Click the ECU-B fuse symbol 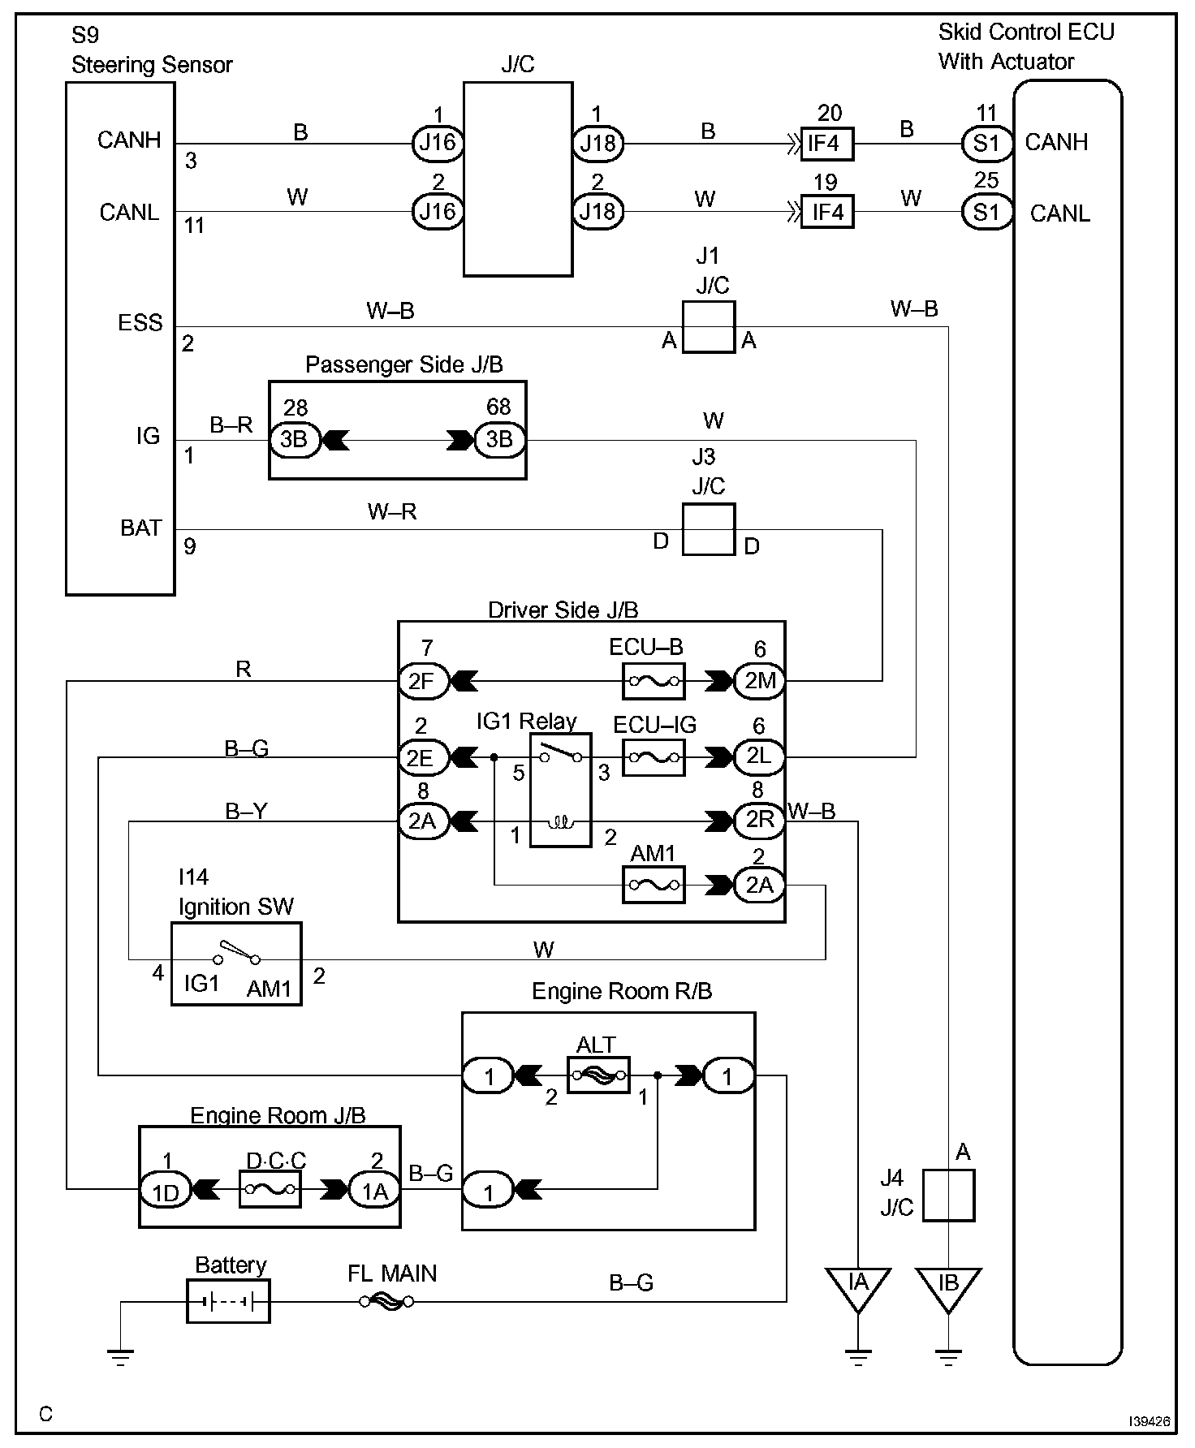(x=654, y=681)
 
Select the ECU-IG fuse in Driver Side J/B (x=654, y=757)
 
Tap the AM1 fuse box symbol (x=654, y=885)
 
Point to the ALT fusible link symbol (x=598, y=1075)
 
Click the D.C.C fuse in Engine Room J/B (x=270, y=1189)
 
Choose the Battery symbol (x=228, y=1302)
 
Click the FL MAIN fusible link (x=386, y=1302)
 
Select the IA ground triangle (x=858, y=1286)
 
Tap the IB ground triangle (x=948, y=1286)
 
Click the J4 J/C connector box (x=949, y=1196)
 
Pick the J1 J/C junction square (x=708, y=327)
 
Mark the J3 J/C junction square (x=708, y=529)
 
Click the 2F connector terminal (x=422, y=681)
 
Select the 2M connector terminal (x=760, y=681)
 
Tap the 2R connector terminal (x=760, y=821)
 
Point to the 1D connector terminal (x=166, y=1190)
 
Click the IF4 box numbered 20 (x=826, y=144)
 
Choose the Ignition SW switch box (x=236, y=963)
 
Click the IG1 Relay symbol (x=560, y=790)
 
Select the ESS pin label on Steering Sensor (x=140, y=323)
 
